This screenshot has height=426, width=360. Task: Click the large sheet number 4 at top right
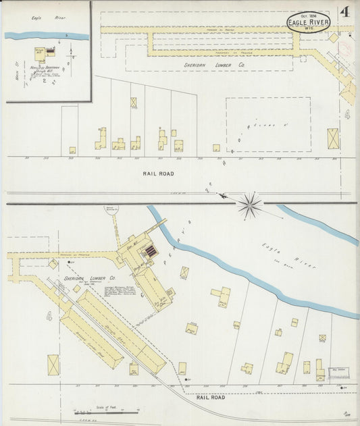(344, 12)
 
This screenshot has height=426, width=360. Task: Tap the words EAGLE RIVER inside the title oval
(309, 22)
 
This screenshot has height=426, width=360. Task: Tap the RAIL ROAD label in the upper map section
(158, 174)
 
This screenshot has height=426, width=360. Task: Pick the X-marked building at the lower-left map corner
(53, 365)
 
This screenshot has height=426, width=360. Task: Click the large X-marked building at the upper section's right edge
(334, 138)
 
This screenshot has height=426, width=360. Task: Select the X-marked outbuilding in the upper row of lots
(134, 103)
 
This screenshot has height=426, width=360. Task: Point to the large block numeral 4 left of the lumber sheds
(49, 315)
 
